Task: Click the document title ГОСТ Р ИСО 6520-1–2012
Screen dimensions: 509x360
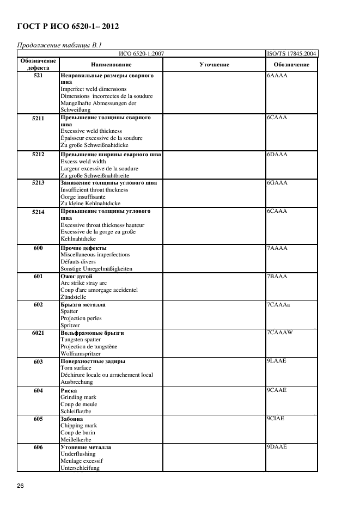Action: [69, 26]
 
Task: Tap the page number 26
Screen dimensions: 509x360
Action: [20, 485]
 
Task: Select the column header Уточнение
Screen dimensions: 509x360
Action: [214, 65]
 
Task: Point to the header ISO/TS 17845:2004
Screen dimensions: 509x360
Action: [291, 53]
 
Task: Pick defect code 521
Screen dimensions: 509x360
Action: [38, 75]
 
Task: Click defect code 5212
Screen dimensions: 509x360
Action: [38, 155]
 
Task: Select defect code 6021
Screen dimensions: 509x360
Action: [38, 333]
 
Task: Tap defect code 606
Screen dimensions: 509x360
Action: [38, 447]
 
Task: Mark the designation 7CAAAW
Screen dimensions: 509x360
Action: [280, 333]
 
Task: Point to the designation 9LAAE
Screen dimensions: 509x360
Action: [277, 361]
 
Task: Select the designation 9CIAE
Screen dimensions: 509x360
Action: [276, 419]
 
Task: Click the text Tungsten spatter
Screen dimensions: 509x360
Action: [81, 340]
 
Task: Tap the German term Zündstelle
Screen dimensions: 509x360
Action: [73, 297]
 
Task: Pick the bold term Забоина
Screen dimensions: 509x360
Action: [72, 419]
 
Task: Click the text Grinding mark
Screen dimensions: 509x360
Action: [78, 397]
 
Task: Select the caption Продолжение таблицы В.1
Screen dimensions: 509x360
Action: [60, 45]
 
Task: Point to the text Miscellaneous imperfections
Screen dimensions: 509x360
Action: [95, 255]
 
